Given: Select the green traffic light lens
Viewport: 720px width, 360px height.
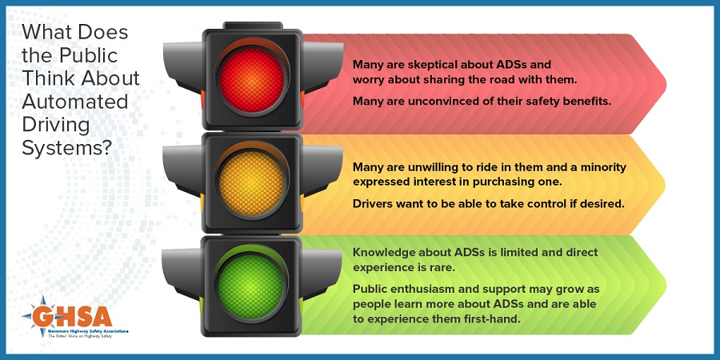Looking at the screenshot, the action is point(250,287).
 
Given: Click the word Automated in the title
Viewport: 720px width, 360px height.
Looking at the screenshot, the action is point(75,102).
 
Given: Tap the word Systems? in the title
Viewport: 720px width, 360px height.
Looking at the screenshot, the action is point(67,148).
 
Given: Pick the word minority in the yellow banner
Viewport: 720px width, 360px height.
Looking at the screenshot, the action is point(604,168).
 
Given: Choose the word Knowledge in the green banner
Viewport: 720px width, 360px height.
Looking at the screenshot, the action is point(379,253).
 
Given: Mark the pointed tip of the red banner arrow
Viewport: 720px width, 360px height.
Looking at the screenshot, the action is point(666,83).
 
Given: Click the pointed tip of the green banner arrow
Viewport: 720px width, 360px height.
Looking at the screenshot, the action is point(666,285).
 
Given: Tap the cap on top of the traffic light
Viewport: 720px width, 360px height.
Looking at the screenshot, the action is point(253,26).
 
